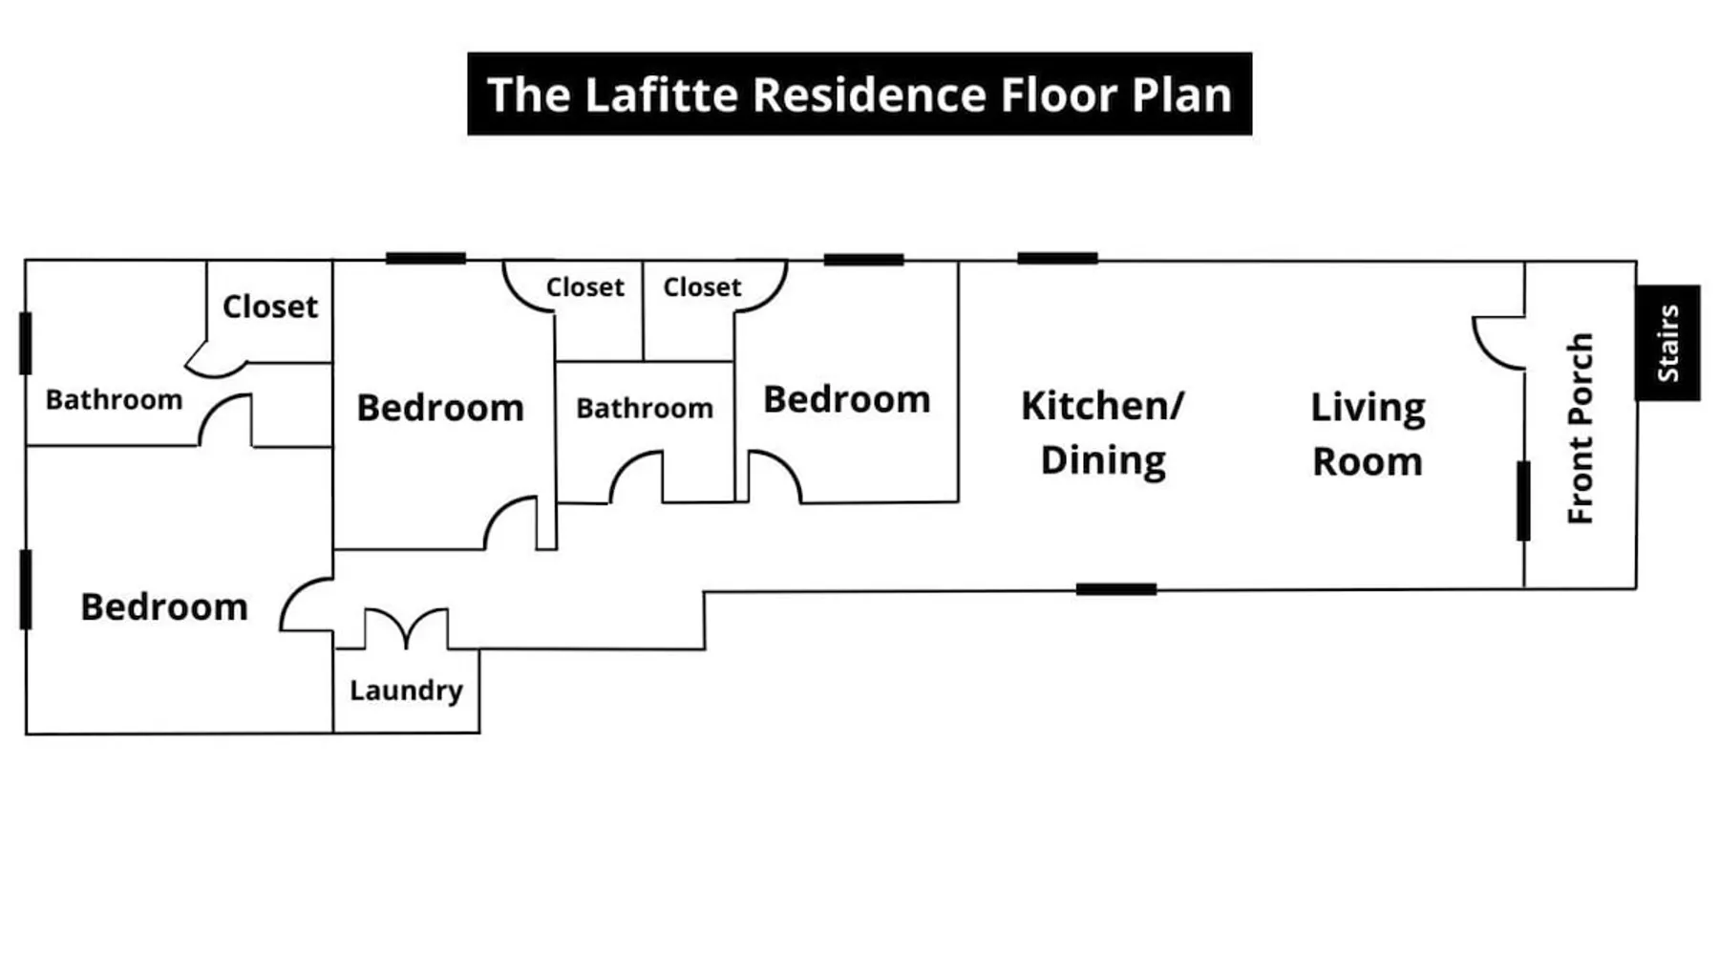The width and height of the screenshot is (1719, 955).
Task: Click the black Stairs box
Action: tap(1667, 343)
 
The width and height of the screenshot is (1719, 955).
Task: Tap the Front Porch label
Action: tap(1581, 428)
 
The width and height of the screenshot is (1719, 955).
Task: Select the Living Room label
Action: tap(1368, 435)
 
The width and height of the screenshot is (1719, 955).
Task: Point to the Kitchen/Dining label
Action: tap(1103, 433)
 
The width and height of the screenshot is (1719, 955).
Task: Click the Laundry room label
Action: tap(406, 690)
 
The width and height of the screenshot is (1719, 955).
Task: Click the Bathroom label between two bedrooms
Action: tap(645, 409)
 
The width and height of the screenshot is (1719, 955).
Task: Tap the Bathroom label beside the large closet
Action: tap(114, 399)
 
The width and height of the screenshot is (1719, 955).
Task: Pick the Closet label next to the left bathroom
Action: tap(270, 307)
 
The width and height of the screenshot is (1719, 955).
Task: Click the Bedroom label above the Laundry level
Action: tap(440, 408)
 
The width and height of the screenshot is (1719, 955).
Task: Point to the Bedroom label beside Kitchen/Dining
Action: tap(846, 399)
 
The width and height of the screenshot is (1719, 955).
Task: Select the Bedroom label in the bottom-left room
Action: tap(164, 607)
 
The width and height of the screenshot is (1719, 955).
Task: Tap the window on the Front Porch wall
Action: tap(1523, 500)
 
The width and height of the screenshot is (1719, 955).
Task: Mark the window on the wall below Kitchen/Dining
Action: tap(1115, 589)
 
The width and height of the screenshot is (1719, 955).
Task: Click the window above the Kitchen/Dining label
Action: tap(1057, 258)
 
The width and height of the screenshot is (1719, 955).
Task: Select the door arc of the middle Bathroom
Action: tap(636, 477)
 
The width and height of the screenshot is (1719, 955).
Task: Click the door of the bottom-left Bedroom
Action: tap(307, 605)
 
